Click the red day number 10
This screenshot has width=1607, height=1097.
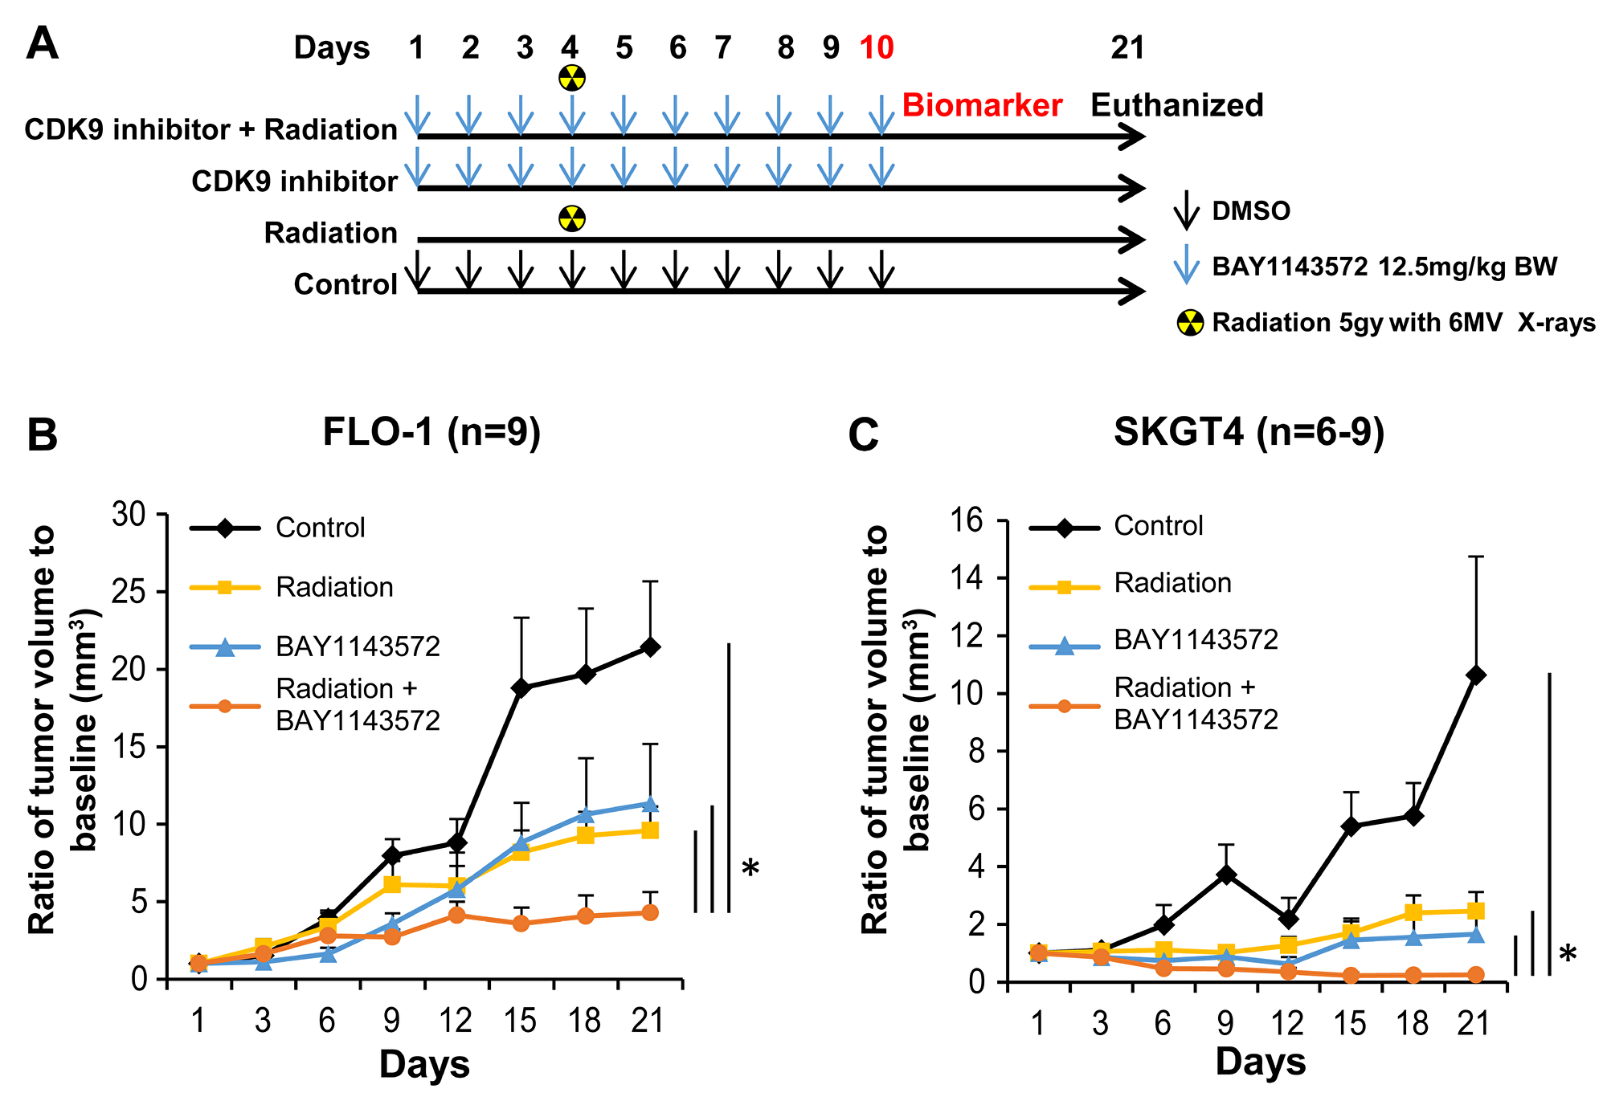pos(877,48)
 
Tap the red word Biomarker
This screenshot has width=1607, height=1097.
pos(982,105)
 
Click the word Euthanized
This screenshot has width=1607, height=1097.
pos(1176,105)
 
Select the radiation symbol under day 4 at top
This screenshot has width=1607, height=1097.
pos(572,78)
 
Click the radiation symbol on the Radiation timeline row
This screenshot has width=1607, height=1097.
pos(572,218)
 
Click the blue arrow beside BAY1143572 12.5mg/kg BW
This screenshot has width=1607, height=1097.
pos(1186,266)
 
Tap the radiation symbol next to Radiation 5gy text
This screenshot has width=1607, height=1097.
pos(1190,323)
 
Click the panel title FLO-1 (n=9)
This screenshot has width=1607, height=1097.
pos(431,432)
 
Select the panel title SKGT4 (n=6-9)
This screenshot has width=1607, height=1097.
pos(1249,432)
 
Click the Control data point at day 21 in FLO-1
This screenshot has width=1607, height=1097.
pos(650,646)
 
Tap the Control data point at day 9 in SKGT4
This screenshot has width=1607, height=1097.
pos(1225,875)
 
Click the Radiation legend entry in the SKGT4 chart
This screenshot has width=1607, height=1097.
pos(1172,583)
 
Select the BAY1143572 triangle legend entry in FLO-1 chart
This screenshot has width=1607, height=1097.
pos(358,646)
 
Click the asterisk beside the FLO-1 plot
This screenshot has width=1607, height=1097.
pos(750,870)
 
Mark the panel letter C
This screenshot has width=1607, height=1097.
pos(865,436)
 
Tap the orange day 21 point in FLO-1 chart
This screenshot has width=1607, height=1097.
pos(650,913)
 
